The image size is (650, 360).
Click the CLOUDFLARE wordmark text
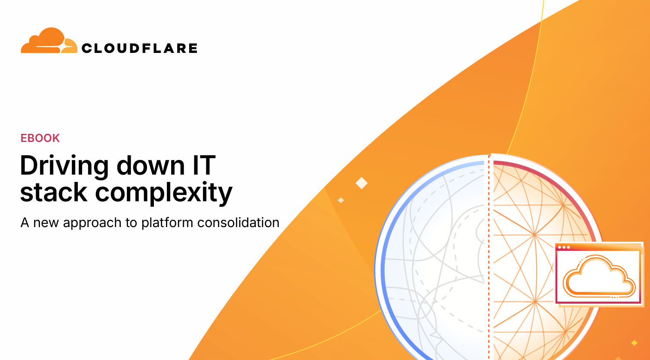click(140, 48)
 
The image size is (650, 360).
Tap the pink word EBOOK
click(40, 138)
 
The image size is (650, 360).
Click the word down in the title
click(150, 166)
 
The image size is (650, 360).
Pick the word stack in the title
click(54, 192)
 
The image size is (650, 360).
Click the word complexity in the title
click(164, 194)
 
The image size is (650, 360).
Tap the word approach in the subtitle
click(92, 223)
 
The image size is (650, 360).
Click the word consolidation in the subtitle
click(238, 223)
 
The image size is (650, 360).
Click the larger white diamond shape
click(362, 183)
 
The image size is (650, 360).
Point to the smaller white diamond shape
click(341, 200)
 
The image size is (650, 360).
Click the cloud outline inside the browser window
click(599, 276)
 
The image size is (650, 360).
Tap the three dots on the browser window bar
click(564, 247)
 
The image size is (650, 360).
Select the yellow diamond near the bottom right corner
click(635, 343)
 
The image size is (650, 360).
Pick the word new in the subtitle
click(46, 223)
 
